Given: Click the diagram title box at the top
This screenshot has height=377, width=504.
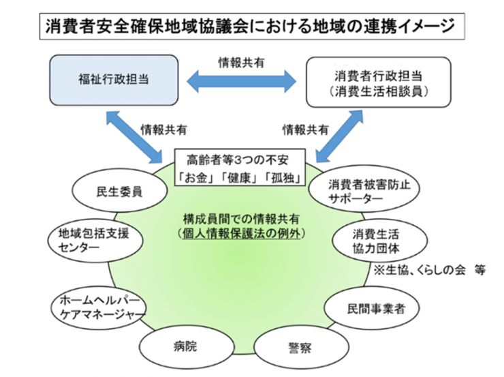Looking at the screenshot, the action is point(252,27).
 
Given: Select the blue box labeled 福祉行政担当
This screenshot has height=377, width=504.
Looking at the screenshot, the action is point(114,80).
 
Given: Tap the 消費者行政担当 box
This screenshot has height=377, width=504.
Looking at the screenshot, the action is point(378,82).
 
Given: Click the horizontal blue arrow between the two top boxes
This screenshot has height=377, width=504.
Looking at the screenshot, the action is point(241,82).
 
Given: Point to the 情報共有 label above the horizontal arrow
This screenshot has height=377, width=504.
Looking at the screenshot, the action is point(241,63).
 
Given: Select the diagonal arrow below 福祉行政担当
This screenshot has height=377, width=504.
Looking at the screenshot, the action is point(135,137).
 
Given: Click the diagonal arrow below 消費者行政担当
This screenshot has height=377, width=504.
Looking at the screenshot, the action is point(339,136).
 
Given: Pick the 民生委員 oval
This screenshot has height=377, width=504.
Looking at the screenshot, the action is point(120,191).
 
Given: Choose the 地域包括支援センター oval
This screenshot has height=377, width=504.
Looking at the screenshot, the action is point(95,241).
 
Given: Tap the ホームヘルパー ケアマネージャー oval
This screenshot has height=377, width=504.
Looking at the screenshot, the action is point(99,308).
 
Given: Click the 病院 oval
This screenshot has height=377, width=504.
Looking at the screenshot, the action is point(187,346).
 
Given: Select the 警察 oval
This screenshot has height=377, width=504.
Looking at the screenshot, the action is point(301,348).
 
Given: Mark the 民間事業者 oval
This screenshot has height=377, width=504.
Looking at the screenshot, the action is point(372,308).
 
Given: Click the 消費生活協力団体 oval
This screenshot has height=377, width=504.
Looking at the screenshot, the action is point(380,241).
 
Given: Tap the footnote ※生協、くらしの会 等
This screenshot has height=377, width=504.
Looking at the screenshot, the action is point(430,270).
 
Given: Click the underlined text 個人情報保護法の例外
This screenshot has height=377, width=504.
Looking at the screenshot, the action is point(241,233).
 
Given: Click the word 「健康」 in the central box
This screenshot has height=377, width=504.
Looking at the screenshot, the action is point(239,178).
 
